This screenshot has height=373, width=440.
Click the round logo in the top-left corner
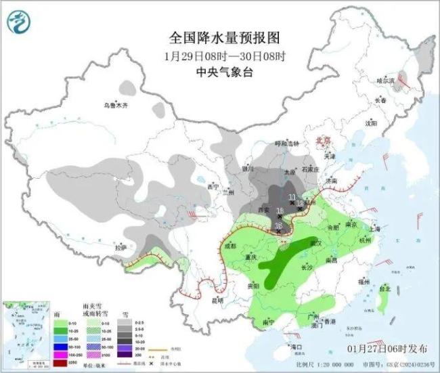(x=20, y=23)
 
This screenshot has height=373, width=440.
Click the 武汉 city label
(x=313, y=242)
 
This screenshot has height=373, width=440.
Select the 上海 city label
(x=376, y=229)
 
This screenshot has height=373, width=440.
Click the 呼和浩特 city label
(x=280, y=144)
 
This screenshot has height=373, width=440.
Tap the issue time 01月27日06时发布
(x=387, y=349)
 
